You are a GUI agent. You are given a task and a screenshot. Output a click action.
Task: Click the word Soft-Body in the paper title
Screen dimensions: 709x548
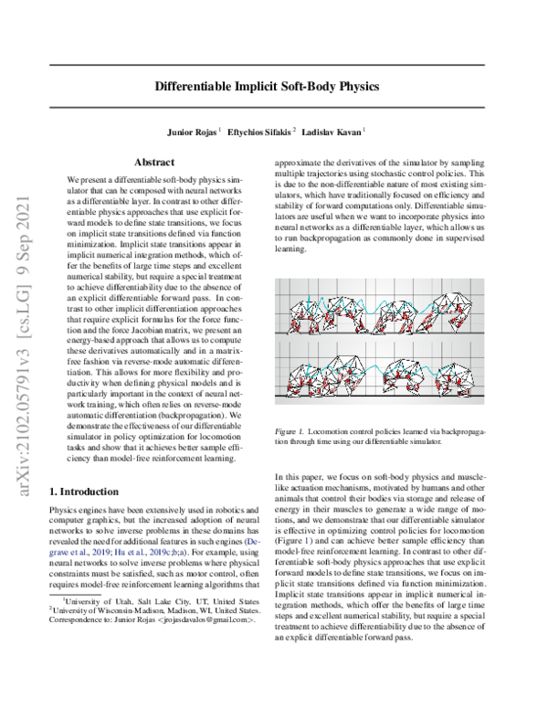coord(300,90)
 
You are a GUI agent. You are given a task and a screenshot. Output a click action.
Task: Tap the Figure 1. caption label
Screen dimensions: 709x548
coord(292,429)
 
